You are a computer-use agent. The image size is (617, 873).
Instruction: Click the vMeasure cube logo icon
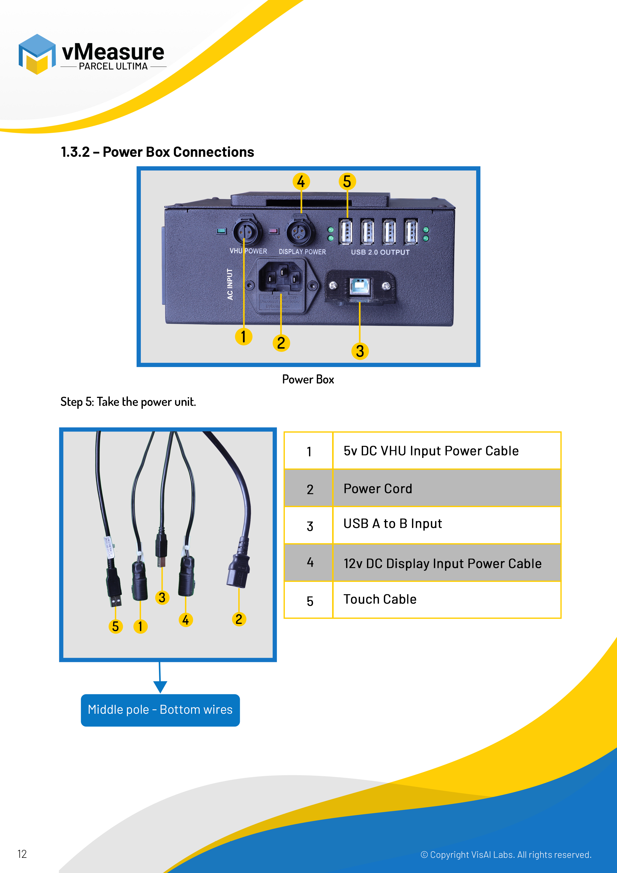tap(37, 54)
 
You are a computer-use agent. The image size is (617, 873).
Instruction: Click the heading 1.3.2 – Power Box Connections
tap(157, 152)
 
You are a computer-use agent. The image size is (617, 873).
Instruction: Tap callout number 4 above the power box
tap(301, 181)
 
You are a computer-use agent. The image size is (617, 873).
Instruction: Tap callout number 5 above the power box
tap(347, 181)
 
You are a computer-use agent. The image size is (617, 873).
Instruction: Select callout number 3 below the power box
tap(360, 351)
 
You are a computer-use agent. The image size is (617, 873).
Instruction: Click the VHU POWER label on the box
tap(248, 251)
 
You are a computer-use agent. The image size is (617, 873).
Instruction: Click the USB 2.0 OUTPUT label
tap(380, 252)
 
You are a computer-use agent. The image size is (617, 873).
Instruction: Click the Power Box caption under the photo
tap(308, 380)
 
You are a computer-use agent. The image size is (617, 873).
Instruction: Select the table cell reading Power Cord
tap(447, 488)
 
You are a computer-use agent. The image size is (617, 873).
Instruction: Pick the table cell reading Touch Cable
tap(447, 599)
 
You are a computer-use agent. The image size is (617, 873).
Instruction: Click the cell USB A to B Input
tap(447, 524)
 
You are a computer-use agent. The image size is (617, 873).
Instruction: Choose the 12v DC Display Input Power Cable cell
tap(447, 563)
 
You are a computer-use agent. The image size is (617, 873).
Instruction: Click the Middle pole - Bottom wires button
tap(160, 710)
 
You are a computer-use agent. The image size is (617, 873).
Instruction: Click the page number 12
tap(22, 854)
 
